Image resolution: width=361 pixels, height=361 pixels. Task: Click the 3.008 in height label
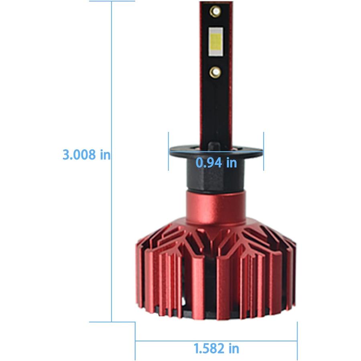coord(86,154)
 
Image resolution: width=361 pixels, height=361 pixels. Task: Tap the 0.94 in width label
coord(216,162)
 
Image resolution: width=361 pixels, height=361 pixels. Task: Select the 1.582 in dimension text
coord(216,348)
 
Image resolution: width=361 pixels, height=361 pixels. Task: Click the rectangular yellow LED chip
coord(216,42)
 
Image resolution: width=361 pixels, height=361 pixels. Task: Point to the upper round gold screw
coord(215,11)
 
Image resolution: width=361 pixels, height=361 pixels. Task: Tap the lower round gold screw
coord(215,72)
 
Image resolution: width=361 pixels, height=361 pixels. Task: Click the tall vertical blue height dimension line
coord(112,161)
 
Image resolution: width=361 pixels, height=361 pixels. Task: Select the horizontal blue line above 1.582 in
coord(216,341)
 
